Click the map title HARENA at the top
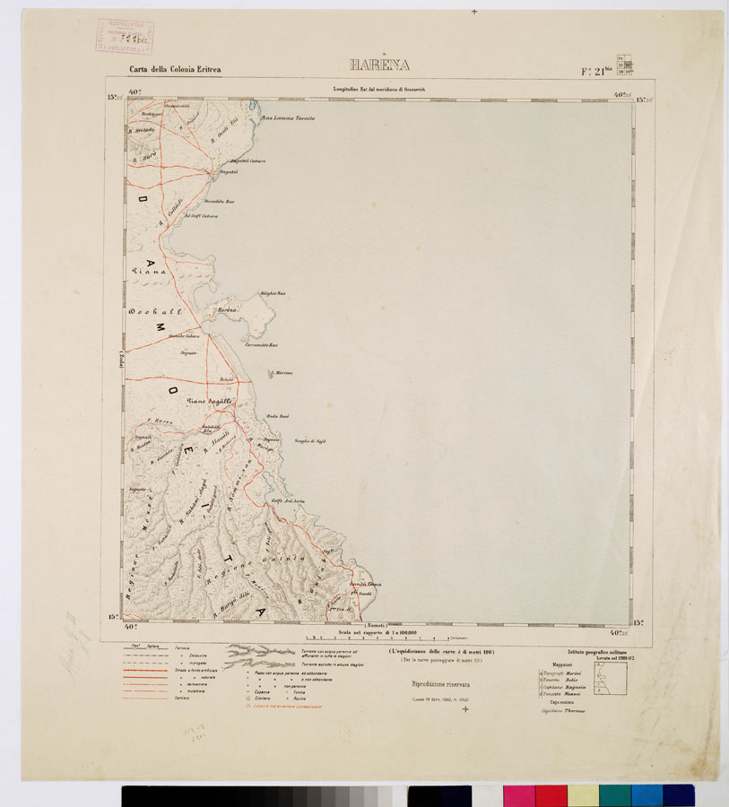click(x=379, y=65)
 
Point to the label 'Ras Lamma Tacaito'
click(x=287, y=118)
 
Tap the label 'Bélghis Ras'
click(x=272, y=293)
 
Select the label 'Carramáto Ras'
click(x=261, y=345)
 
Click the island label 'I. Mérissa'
click(x=282, y=372)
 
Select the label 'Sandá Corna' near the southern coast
click(x=365, y=585)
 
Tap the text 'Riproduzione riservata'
click(x=439, y=684)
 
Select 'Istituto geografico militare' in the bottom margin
click(x=599, y=652)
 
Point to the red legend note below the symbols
click(x=283, y=707)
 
